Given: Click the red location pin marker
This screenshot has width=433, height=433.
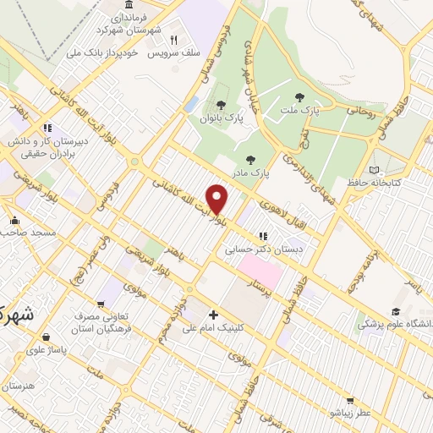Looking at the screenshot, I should pos(218,200).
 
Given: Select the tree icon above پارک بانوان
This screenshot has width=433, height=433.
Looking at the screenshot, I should pos(221,106).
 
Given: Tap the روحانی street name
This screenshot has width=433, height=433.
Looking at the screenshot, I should pos(359,110).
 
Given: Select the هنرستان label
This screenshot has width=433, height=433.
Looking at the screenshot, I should pos(19,386).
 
